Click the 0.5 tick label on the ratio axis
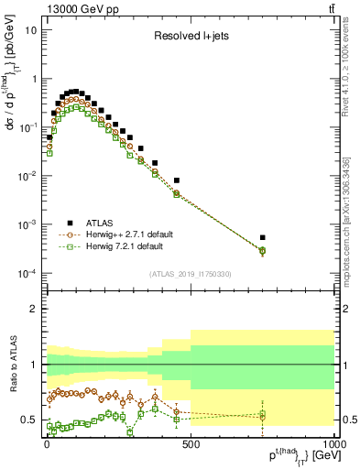[x=28, y=420]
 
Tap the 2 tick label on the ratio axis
[x=34, y=309]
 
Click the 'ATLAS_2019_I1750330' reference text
[x=190, y=273]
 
